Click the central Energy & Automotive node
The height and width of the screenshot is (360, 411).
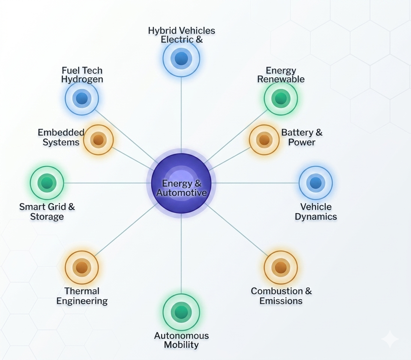pyautogui.click(x=181, y=183)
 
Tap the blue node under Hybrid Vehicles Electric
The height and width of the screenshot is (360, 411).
pyautogui.click(x=181, y=58)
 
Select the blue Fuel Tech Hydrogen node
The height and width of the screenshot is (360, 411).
pyautogui.click(x=82, y=98)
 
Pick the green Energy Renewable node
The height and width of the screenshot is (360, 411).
pyautogui.click(x=280, y=98)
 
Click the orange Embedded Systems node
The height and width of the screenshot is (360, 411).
pyautogui.click(x=98, y=140)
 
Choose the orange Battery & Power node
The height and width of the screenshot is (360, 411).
pyautogui.click(x=264, y=140)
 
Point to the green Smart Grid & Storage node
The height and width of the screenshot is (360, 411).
pyautogui.click(x=47, y=183)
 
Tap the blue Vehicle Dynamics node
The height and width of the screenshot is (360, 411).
pyautogui.click(x=315, y=183)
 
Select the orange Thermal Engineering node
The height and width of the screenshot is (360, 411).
pyautogui.click(x=82, y=267)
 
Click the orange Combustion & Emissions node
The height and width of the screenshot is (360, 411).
pyautogui.click(x=280, y=267)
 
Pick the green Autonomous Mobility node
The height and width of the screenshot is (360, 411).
pyautogui.click(x=181, y=312)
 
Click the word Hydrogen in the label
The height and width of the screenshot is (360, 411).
pyautogui.click(x=82, y=79)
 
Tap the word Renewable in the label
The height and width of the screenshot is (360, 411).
pyautogui.click(x=281, y=79)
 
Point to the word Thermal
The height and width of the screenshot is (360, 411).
pyautogui.click(x=82, y=291)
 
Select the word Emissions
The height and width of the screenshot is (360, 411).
pyautogui.click(x=281, y=301)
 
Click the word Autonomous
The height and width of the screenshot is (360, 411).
pyautogui.click(x=181, y=336)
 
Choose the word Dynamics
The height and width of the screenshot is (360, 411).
pyautogui.click(x=316, y=217)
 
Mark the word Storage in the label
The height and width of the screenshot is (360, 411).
pyautogui.click(x=47, y=217)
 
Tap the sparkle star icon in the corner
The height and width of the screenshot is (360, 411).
pyautogui.click(x=390, y=339)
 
